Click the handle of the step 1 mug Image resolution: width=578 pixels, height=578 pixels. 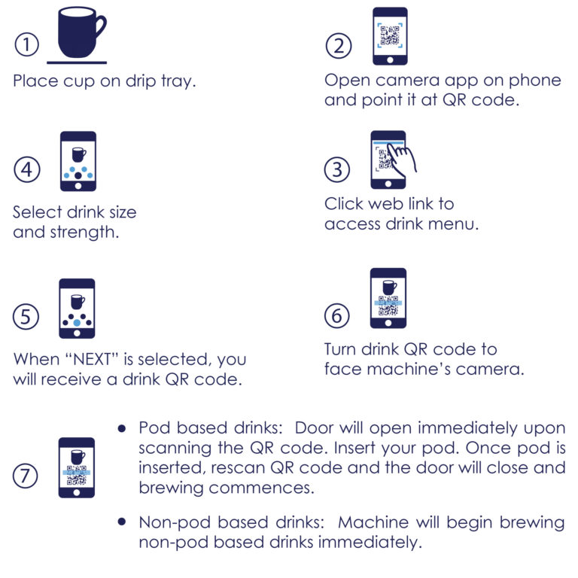coord(99,29)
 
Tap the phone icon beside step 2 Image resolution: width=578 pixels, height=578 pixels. coord(389,36)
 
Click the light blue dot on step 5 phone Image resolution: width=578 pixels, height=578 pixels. coord(78,322)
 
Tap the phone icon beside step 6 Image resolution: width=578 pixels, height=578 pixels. coord(388,298)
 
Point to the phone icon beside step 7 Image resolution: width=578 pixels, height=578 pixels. coord(78,467)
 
